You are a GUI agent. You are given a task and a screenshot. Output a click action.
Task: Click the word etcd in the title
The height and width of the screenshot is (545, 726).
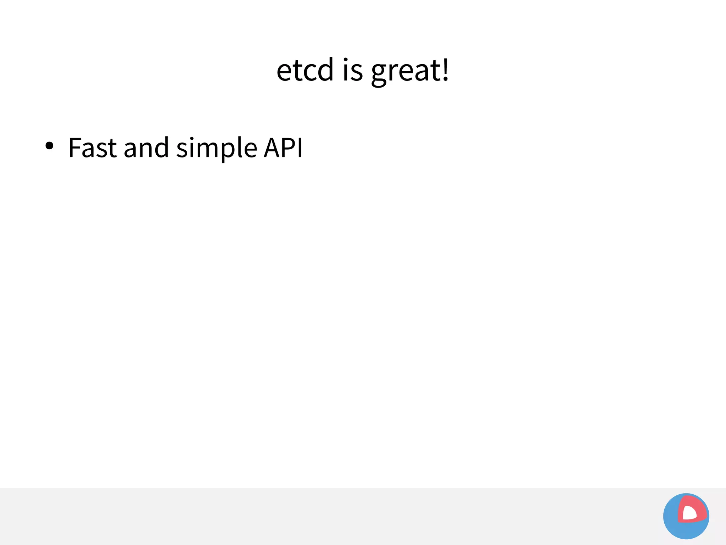tap(305, 70)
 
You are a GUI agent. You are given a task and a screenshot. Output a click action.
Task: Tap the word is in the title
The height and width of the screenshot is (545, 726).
tap(353, 70)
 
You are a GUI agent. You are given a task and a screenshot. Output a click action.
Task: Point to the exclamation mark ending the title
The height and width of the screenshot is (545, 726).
tap(446, 69)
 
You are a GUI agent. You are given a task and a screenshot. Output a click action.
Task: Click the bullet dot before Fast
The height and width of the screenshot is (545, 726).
tap(49, 146)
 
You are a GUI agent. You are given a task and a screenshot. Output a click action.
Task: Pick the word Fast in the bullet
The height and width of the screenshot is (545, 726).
tap(92, 148)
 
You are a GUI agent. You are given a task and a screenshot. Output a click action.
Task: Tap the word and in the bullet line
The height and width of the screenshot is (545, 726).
tap(146, 148)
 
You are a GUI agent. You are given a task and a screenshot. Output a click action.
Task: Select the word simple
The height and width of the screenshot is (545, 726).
tap(217, 148)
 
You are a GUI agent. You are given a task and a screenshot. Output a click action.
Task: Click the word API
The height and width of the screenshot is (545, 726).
tap(284, 148)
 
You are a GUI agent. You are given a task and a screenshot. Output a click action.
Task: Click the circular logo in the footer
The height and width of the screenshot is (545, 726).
tap(686, 516)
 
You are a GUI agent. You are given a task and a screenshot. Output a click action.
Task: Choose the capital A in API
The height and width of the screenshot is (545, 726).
tap(272, 148)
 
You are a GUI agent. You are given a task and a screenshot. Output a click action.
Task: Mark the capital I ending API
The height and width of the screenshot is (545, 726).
tap(300, 148)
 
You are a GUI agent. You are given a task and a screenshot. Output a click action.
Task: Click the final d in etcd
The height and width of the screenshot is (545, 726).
tap(325, 69)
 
